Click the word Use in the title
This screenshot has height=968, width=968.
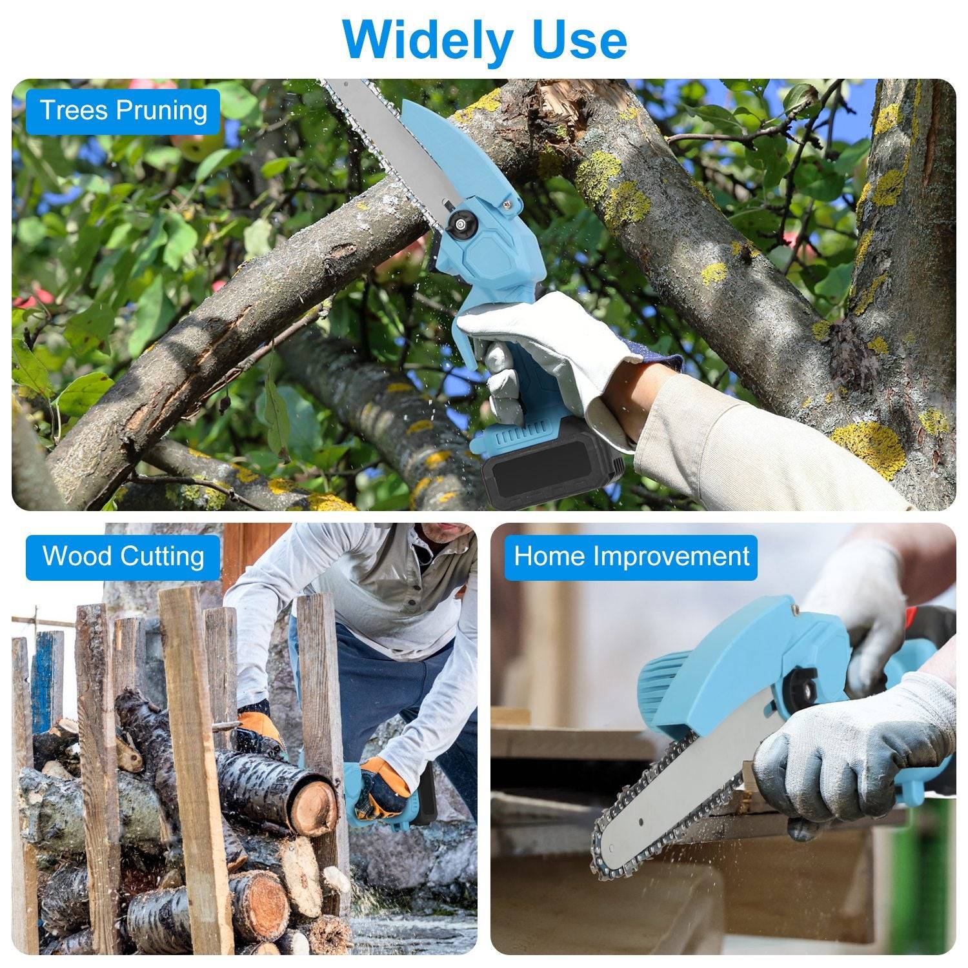(576, 40)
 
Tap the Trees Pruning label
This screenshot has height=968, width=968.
(123, 110)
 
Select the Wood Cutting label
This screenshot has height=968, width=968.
(123, 556)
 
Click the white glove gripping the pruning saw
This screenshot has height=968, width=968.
(549, 348)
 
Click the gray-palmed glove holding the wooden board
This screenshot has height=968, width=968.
(852, 749)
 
